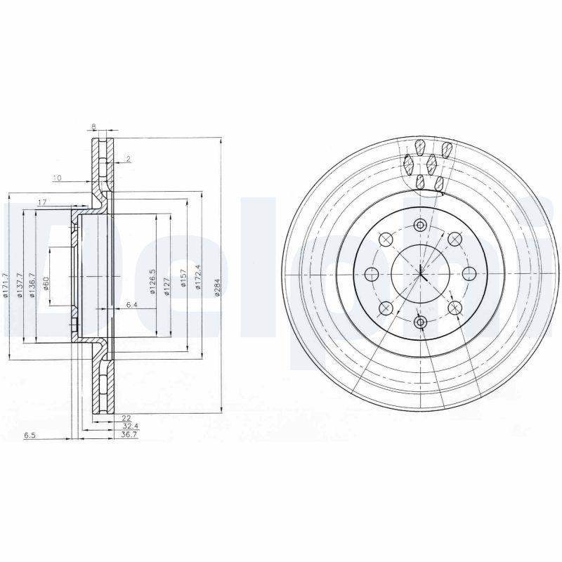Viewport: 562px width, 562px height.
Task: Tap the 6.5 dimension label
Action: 30,436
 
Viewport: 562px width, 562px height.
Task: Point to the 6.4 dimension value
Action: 132,304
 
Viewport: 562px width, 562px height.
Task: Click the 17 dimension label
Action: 41,202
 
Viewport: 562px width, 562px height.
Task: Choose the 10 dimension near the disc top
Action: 57,178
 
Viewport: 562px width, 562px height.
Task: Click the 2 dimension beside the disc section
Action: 129,159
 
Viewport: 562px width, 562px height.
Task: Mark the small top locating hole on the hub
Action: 420,226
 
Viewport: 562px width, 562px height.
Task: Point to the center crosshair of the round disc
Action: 420,273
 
